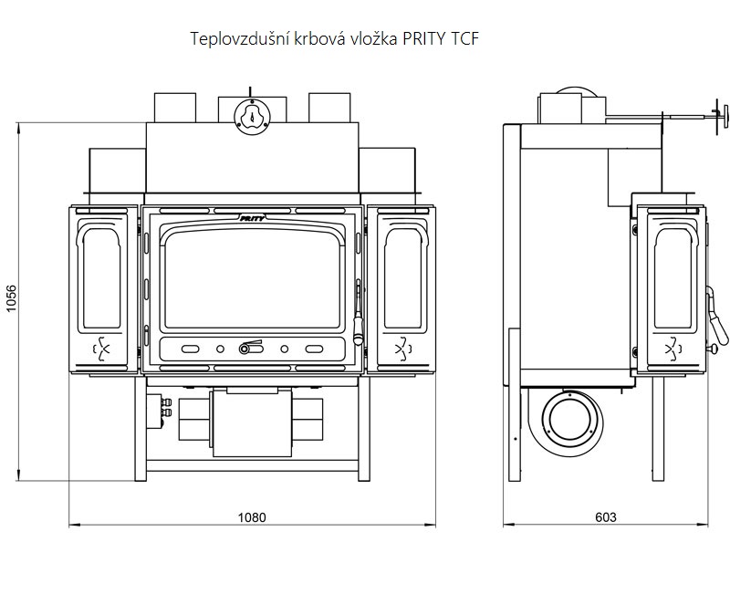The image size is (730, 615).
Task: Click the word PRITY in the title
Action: [418, 39]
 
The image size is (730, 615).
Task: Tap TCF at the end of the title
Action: [460, 39]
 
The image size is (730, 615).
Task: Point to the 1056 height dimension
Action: [11, 300]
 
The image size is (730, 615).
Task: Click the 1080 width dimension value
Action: [252, 517]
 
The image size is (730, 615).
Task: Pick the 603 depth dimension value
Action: [605, 517]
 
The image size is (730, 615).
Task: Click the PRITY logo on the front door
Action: [253, 218]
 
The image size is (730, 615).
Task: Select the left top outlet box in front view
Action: [174, 107]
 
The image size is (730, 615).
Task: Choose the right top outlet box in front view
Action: [329, 107]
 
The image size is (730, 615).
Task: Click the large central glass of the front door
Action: [253, 279]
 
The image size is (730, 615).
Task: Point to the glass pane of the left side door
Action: [101, 277]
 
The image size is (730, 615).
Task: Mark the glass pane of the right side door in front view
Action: [401, 277]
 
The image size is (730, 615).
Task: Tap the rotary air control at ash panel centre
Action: [249, 348]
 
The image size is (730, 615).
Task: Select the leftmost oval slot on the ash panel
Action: [191, 349]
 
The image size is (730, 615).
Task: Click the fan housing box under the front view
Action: [253, 422]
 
